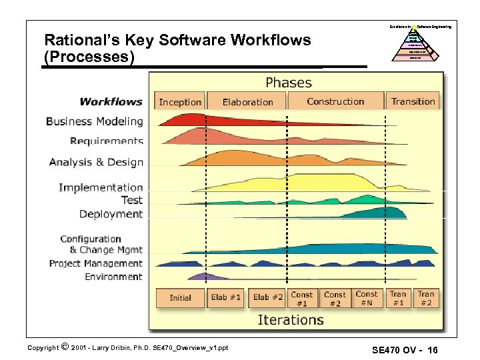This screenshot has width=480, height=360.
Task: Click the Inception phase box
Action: tap(180, 102)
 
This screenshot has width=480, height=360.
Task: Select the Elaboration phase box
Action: tap(247, 102)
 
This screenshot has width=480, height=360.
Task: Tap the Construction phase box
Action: tap(335, 101)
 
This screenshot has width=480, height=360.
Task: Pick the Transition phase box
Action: tap(413, 101)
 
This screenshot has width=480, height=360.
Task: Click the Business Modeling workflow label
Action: tap(94, 121)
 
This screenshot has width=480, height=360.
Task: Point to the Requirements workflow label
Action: tap(106, 141)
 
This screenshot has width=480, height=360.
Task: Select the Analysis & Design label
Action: tap(96, 162)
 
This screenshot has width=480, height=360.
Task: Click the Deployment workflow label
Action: tap(111, 214)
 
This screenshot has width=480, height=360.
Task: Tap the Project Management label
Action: tap(96, 263)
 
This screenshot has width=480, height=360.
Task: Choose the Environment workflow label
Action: tap(113, 277)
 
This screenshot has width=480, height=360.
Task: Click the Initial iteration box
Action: tap(180, 298)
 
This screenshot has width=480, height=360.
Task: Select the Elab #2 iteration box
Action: tap(267, 298)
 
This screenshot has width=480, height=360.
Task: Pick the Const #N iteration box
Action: tap(367, 298)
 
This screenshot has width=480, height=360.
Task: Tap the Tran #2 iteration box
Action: tap(425, 298)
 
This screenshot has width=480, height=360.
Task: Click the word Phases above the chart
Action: tap(288, 83)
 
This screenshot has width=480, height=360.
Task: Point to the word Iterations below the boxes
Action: tap(291, 320)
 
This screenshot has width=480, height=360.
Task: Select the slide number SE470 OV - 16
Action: tap(404, 350)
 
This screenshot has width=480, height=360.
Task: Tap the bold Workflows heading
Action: tap(111, 101)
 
